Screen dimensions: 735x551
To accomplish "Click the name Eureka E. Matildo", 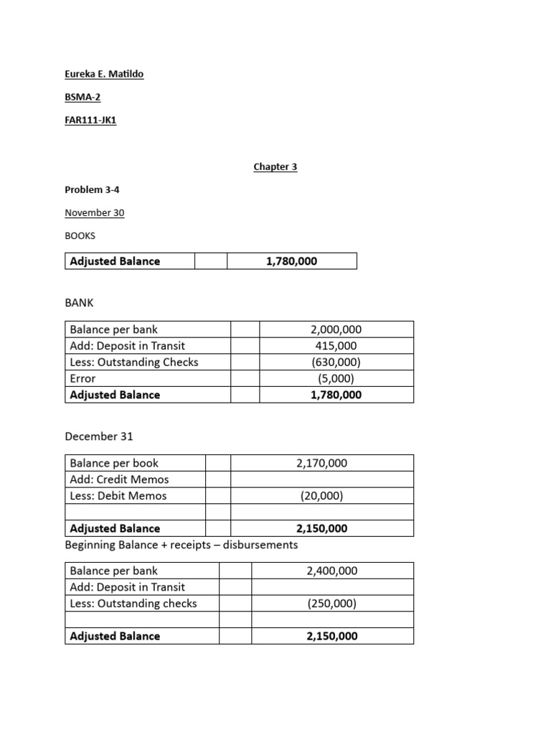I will (104, 74).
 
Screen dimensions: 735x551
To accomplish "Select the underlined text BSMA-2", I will (83, 97).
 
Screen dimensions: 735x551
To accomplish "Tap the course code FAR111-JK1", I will (90, 120).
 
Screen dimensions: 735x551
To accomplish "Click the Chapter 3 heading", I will (275, 167).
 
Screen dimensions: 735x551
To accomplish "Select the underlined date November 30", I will (94, 212).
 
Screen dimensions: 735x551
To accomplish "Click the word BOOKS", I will (80, 235).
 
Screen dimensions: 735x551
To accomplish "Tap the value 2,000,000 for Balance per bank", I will (336, 329).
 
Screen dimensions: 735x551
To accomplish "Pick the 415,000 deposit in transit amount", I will (336, 346).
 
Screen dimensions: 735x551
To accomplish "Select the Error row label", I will (83, 378).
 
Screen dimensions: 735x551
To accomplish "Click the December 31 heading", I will (99, 436).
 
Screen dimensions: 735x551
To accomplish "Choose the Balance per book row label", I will (114, 463).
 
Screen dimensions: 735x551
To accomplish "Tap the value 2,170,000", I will (321, 463).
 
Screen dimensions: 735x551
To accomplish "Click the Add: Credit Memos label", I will (119, 479).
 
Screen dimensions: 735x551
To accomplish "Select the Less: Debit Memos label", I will (118, 496).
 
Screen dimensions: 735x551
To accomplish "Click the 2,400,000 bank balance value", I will (332, 571).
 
